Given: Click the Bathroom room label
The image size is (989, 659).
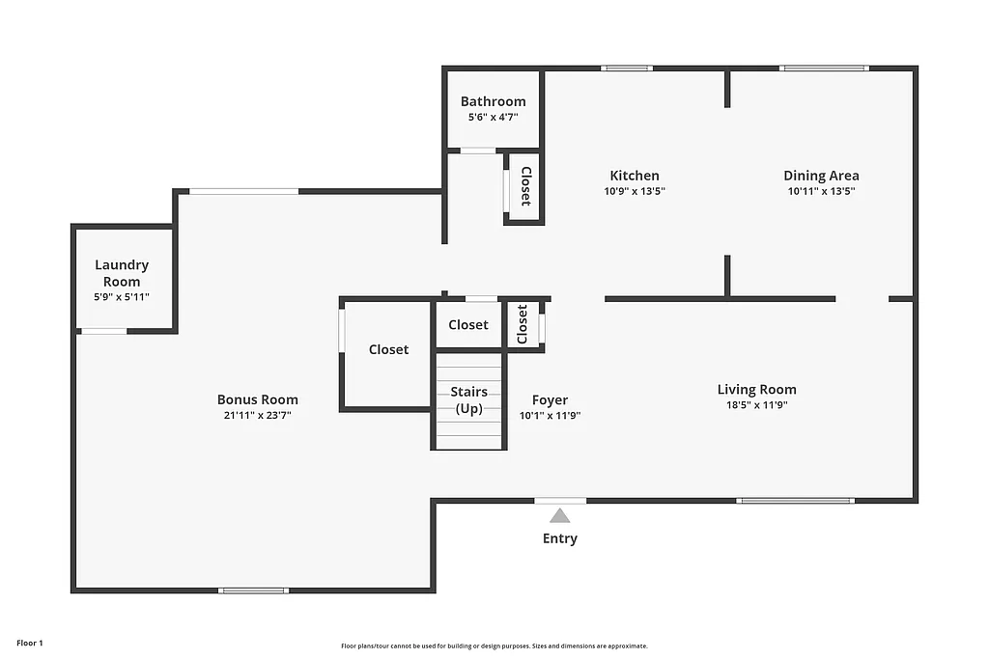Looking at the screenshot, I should tap(493, 101).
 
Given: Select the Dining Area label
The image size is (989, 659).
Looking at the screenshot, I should tap(821, 176).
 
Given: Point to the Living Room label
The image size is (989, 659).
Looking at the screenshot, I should tap(756, 390).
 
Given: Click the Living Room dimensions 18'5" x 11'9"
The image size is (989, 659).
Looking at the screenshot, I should tap(756, 405).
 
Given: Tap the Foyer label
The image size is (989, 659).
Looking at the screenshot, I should tap(550, 400).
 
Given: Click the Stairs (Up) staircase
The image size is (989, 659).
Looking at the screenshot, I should tap(468, 401).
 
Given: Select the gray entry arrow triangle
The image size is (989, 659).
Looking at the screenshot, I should tap(560, 516).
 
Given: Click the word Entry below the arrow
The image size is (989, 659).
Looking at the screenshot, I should tap(560, 538).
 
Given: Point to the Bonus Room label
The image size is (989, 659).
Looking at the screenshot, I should tap(257, 399).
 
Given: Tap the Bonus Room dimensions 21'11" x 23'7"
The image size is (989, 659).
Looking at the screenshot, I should tap(257, 415).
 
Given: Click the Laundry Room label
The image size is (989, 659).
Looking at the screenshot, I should tap(122, 273).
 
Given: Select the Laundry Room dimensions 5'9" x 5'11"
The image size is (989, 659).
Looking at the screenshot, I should tap(122, 297).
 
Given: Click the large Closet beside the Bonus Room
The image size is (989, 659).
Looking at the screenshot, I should tap(388, 350).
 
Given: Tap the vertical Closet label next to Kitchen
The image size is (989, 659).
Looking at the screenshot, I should tap(525, 186).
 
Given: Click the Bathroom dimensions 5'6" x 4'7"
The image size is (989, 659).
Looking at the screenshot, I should tap(493, 117).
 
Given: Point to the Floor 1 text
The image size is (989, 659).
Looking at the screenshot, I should tap(30, 643).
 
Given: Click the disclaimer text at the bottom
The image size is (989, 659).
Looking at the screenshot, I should tap(494, 646).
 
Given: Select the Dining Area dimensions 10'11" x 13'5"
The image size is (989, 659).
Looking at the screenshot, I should tap(821, 191).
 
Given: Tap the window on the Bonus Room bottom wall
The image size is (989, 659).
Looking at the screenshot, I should tap(253, 590).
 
